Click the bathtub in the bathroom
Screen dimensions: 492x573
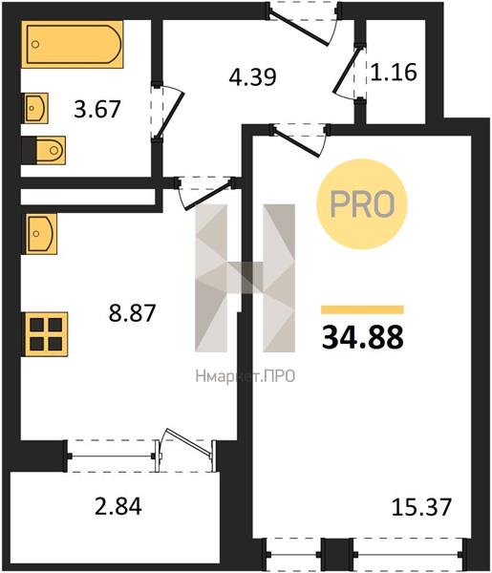(x=72, y=44)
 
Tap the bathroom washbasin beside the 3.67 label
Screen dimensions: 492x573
(x=36, y=108)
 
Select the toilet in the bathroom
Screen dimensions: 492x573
(x=44, y=150)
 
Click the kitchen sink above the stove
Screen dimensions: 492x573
(x=41, y=234)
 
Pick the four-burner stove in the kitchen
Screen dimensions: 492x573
(x=46, y=334)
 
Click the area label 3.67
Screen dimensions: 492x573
(x=96, y=109)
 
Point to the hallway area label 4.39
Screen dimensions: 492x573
(x=252, y=77)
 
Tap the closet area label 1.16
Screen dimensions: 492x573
(x=394, y=72)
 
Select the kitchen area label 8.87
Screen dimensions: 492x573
(x=133, y=313)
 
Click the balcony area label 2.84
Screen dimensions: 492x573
(x=118, y=506)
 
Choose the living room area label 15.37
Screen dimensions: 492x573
(x=421, y=507)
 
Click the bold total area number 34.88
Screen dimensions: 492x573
(x=363, y=337)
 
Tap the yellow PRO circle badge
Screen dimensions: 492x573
(x=362, y=204)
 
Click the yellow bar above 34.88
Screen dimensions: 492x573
(x=362, y=309)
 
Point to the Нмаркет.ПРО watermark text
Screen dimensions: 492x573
(x=246, y=376)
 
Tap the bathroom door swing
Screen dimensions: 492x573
(x=167, y=113)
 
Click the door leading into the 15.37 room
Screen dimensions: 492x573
(x=299, y=140)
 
